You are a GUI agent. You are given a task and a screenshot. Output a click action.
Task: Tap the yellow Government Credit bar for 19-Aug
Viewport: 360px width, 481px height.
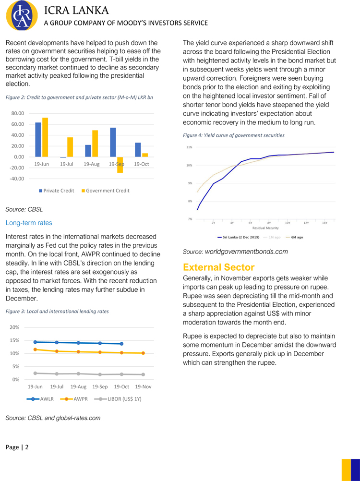pos(95,144)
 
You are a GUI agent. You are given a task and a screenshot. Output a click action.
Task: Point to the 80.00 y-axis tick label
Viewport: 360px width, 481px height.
pos(18,113)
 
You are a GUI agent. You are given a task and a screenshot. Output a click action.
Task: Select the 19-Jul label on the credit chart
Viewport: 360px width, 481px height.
pos(67,164)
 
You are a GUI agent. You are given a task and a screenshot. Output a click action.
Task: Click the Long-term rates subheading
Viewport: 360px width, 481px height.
pos(29,223)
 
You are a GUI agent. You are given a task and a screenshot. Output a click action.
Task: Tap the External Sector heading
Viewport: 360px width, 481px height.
pos(218,267)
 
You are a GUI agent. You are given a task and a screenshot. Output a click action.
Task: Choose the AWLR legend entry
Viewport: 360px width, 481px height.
pos(42,399)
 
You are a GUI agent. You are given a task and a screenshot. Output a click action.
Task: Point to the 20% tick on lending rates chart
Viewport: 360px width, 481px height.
pos(14,327)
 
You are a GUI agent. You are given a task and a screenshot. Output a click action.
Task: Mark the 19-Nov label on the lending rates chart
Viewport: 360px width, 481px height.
pos(143,386)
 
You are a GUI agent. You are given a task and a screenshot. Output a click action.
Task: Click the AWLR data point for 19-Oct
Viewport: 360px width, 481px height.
pos(121,344)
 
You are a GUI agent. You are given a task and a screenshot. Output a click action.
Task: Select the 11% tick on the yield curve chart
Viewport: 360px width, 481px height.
pos(190,147)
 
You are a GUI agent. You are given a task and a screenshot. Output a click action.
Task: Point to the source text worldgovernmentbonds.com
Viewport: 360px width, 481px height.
pos(246,252)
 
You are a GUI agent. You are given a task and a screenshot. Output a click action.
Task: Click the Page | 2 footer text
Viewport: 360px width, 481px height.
pos(17,447)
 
